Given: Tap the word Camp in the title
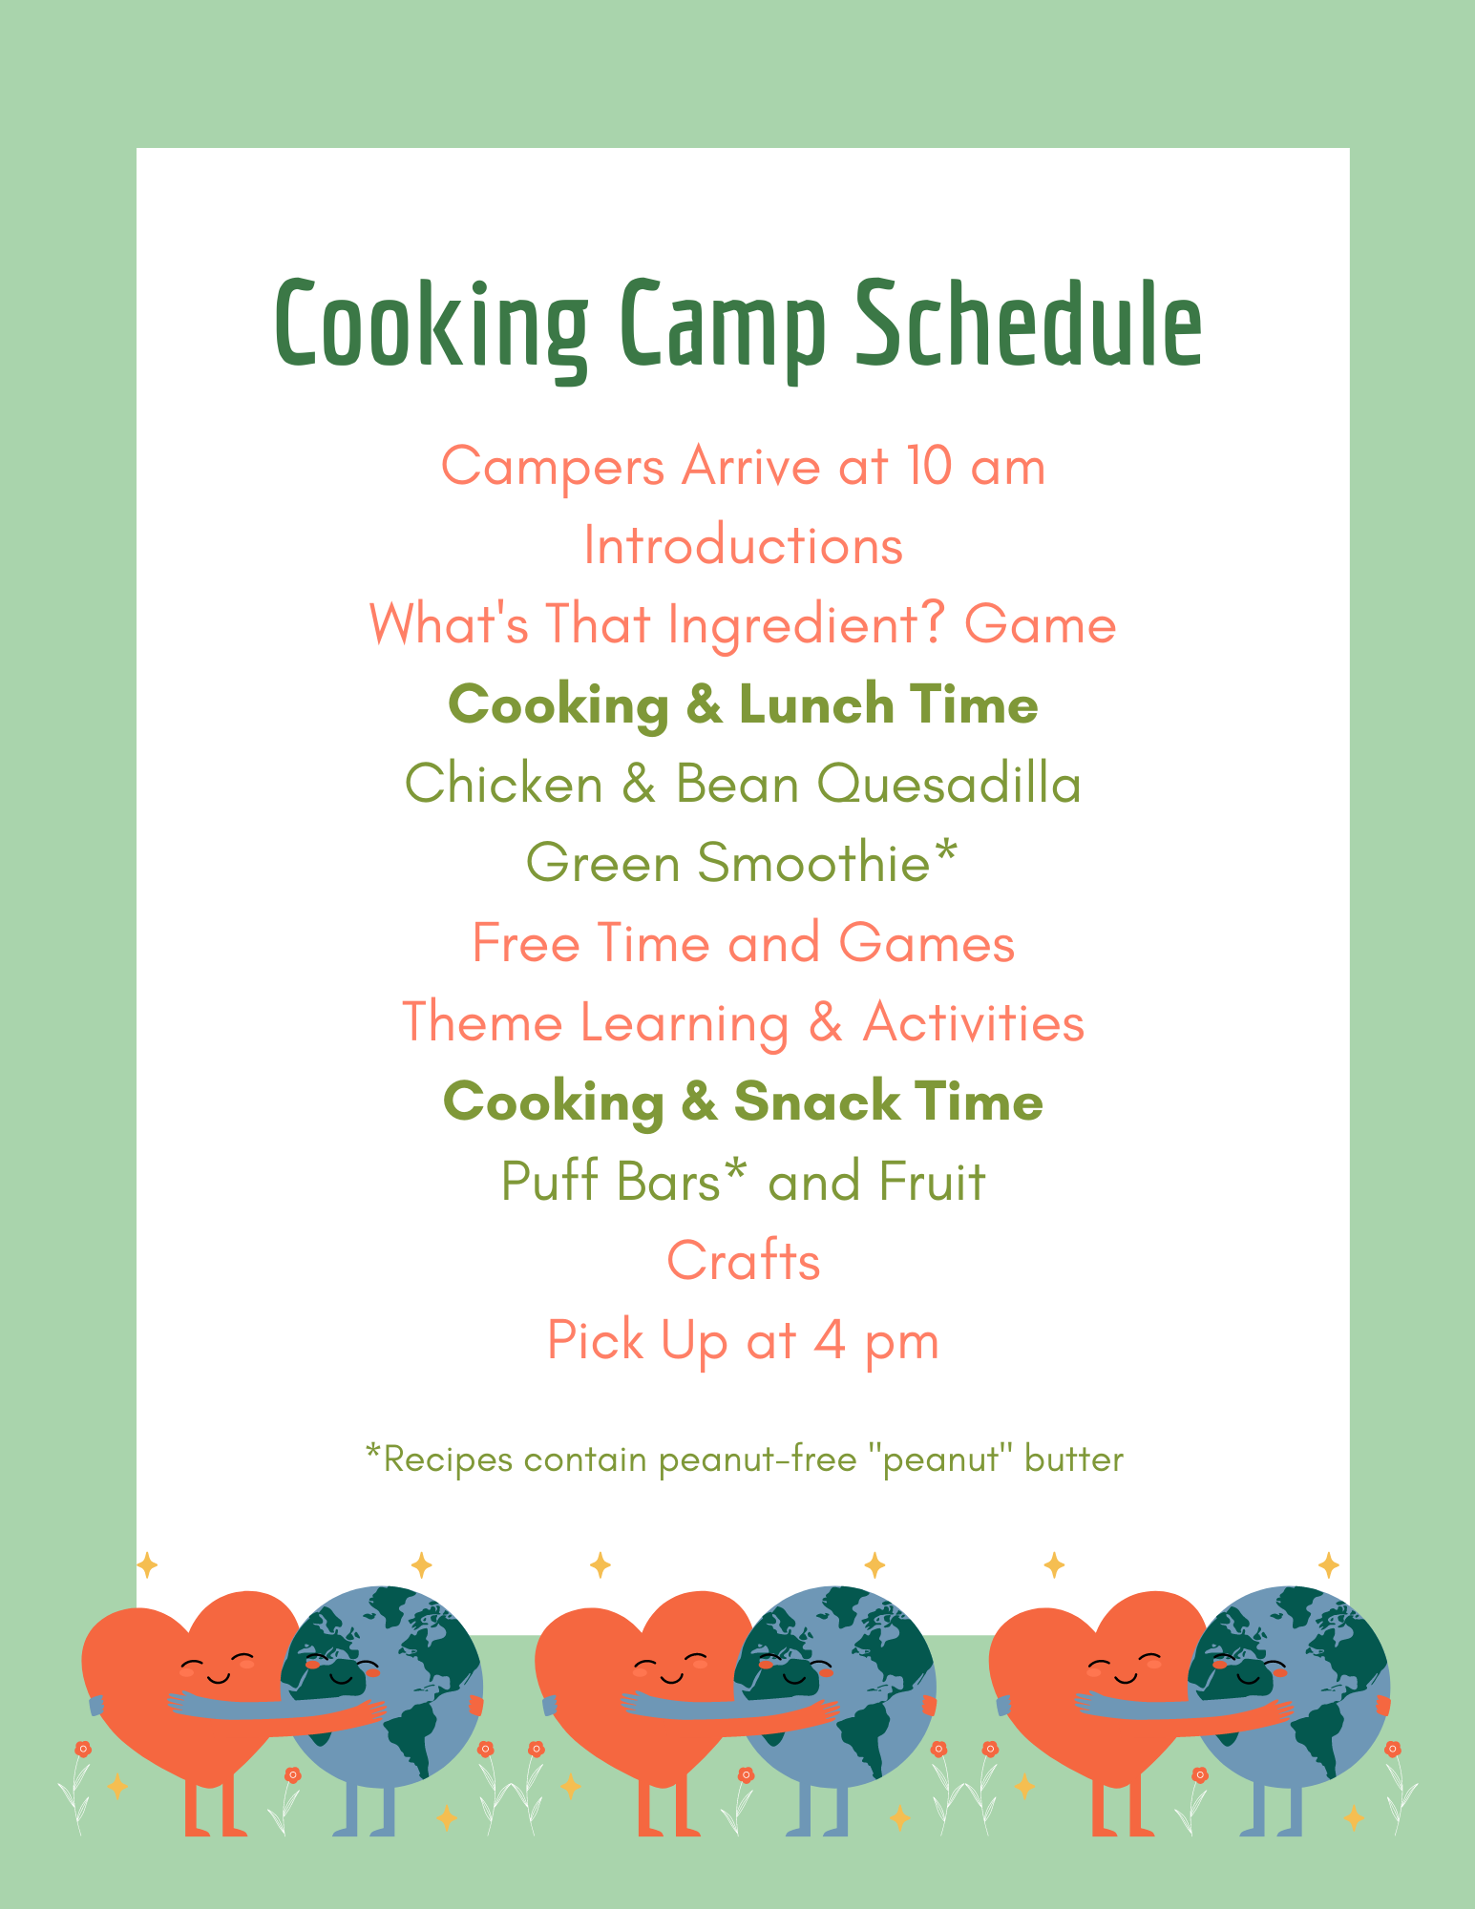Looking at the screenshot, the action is [721, 330].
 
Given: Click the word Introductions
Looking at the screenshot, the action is [743, 546].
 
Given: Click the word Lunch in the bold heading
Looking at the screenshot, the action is [816, 704].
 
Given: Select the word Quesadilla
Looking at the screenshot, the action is [949, 785].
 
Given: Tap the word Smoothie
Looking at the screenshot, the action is [813, 863].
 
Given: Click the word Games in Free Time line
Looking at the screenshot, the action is [926, 943].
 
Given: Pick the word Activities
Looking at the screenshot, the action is [974, 1022].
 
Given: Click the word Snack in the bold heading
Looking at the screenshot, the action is [816, 1101].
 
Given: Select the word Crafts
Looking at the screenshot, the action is [743, 1261].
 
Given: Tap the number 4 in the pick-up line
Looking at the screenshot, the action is [830, 1341].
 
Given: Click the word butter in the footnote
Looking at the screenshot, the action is [1074, 1459].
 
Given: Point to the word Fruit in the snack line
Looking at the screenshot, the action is [932, 1181].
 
